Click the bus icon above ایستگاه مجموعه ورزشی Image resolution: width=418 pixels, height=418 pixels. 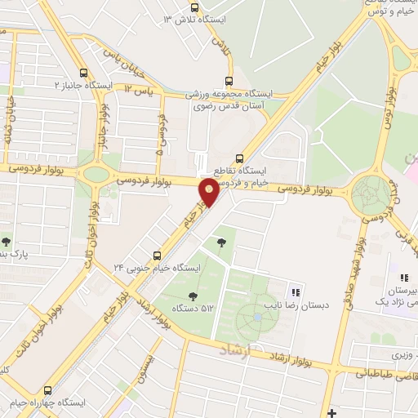click(x=228, y=80)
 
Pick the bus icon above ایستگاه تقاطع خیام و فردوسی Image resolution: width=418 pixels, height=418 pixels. click(x=239, y=158)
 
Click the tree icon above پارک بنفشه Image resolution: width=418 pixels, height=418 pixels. click(x=6, y=242)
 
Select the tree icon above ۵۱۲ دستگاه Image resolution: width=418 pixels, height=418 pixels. click(x=193, y=296)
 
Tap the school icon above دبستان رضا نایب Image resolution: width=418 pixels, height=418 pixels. click(x=296, y=291)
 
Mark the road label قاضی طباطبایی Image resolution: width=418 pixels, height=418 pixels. click(x=384, y=373)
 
